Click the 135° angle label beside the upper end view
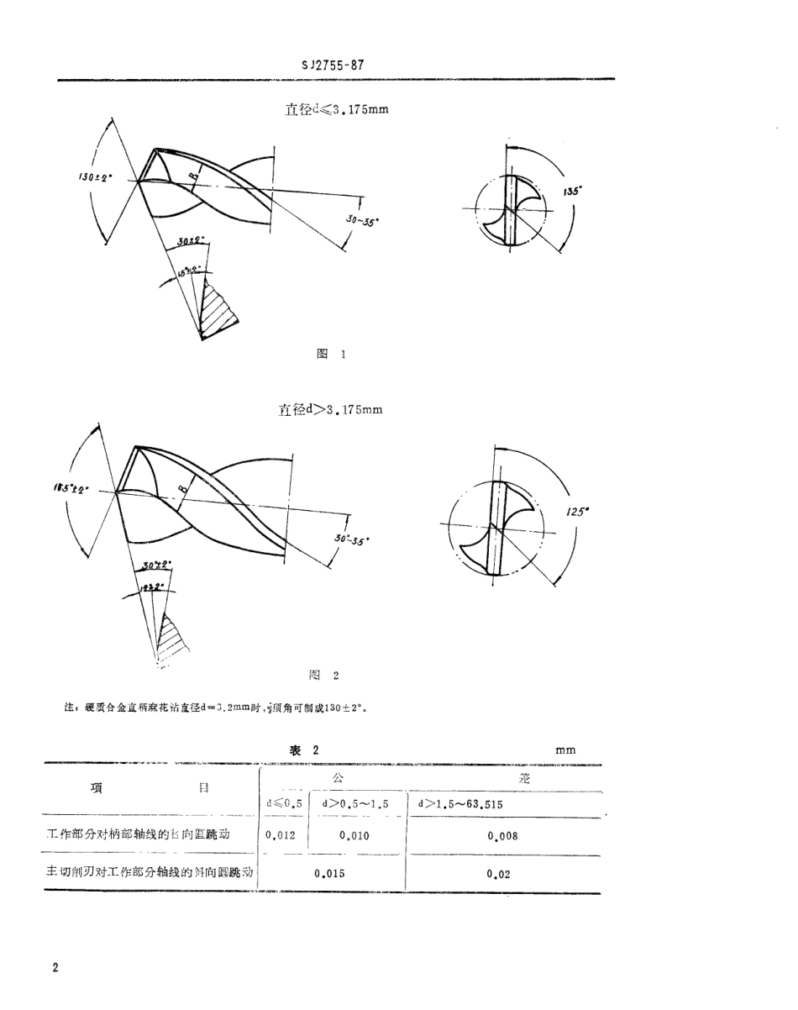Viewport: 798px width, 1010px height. [x=575, y=192]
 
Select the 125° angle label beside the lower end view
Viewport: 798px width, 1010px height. [x=575, y=509]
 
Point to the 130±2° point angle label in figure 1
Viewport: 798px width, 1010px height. [x=97, y=178]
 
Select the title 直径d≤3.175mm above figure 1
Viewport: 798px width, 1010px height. [x=337, y=109]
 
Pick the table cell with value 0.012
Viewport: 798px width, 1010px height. [x=280, y=836]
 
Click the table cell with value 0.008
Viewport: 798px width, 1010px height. [x=502, y=836]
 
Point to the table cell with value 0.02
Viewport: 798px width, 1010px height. [x=498, y=873]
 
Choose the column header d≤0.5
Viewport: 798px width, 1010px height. [x=283, y=803]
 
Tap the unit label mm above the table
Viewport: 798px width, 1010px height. [x=565, y=750]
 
